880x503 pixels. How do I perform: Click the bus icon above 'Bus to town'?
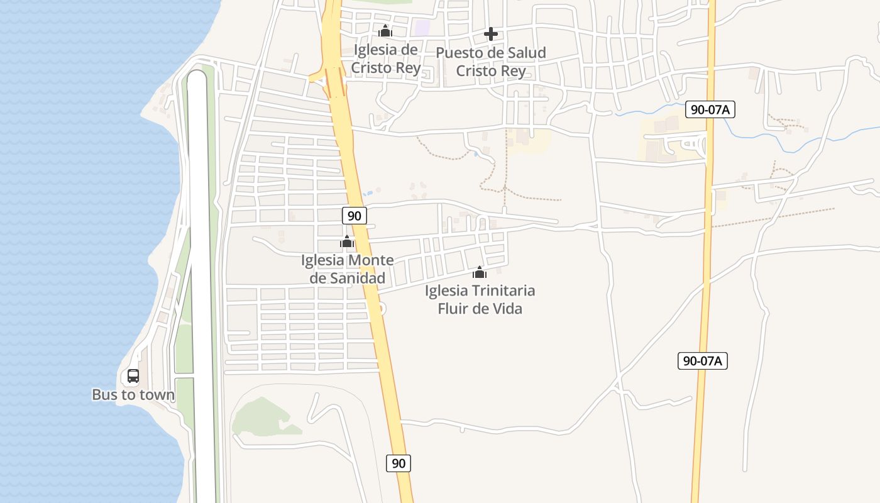[x=133, y=376]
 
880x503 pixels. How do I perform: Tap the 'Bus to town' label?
[x=133, y=395]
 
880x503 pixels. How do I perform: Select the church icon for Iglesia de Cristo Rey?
[x=385, y=31]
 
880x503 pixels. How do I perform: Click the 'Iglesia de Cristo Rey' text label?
[x=386, y=58]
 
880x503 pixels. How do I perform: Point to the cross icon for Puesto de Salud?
[x=491, y=34]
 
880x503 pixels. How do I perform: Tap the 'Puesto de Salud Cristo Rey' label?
[x=491, y=61]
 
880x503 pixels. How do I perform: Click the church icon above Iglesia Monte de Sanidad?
[x=347, y=241]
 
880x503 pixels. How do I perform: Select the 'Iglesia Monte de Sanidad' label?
[x=348, y=269]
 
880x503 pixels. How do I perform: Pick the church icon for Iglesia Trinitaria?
[x=480, y=272]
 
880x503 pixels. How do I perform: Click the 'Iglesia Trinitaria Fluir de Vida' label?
[x=480, y=299]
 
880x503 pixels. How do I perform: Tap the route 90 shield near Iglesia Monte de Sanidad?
[x=355, y=216]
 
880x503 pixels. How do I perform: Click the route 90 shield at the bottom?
[x=399, y=463]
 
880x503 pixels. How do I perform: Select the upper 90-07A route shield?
[x=710, y=109]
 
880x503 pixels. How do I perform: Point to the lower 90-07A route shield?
[x=703, y=361]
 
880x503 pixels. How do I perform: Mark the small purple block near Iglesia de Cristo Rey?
[x=422, y=28]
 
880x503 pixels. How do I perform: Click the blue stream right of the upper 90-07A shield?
[x=786, y=147]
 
